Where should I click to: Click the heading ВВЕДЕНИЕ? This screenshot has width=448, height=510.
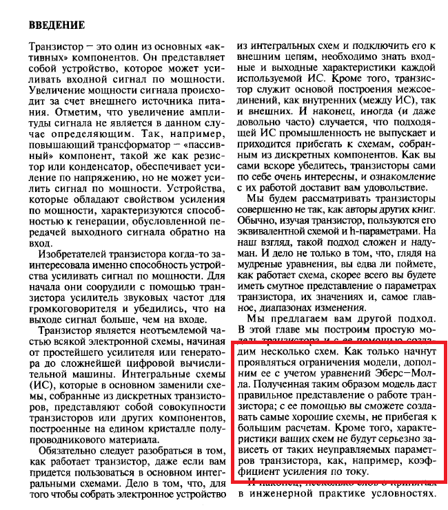pos(57,25)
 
